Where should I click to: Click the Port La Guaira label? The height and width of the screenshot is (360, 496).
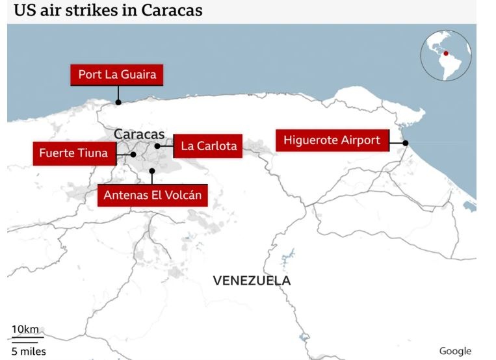click(117, 75)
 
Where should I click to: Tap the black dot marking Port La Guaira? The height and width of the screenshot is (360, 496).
click(118, 102)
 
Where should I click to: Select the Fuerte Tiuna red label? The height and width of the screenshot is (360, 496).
click(73, 154)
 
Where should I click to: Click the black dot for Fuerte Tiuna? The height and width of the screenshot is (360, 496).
click(133, 155)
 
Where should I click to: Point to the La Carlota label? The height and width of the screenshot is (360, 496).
click(208, 146)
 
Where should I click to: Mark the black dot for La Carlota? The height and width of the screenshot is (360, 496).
click(157, 146)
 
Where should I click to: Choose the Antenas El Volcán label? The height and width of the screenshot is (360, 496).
click(152, 195)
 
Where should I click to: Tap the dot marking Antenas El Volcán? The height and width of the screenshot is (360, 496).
click(152, 172)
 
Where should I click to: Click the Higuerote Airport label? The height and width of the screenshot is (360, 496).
click(332, 140)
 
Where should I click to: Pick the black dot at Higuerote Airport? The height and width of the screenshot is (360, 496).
click(405, 143)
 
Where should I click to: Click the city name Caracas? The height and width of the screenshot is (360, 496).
click(139, 134)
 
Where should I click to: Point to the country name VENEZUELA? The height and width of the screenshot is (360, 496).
click(252, 281)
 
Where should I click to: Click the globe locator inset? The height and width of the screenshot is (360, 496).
click(445, 55)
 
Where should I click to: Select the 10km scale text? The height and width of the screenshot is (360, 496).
click(25, 329)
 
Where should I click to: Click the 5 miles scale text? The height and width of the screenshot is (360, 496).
click(28, 352)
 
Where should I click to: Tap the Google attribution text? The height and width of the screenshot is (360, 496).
click(455, 351)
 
